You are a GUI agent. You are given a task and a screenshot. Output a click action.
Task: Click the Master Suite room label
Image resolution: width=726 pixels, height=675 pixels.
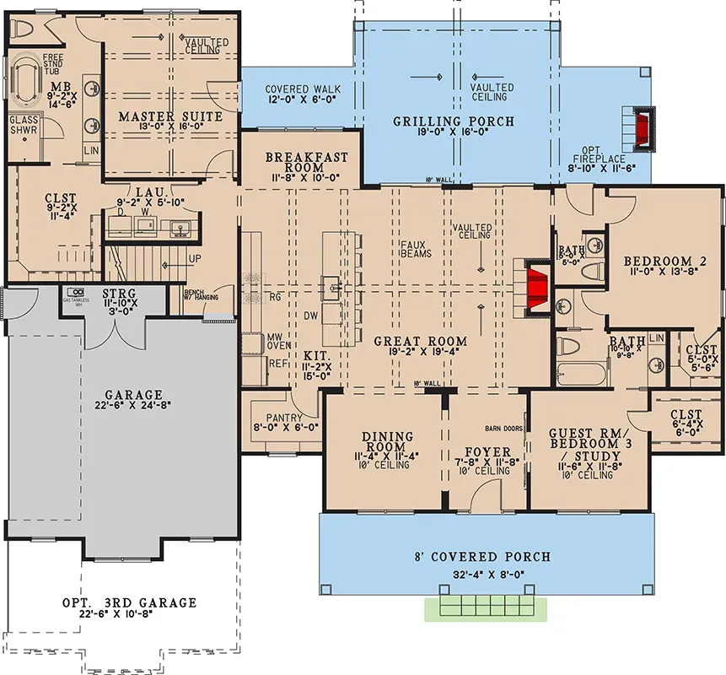(170, 116)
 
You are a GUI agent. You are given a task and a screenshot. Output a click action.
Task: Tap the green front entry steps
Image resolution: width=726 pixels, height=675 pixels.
(485, 607)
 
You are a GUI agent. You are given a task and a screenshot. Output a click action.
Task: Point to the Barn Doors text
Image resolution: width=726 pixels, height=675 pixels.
(503, 428)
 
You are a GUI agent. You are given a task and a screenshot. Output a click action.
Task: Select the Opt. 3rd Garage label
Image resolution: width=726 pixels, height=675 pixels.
(129, 602)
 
